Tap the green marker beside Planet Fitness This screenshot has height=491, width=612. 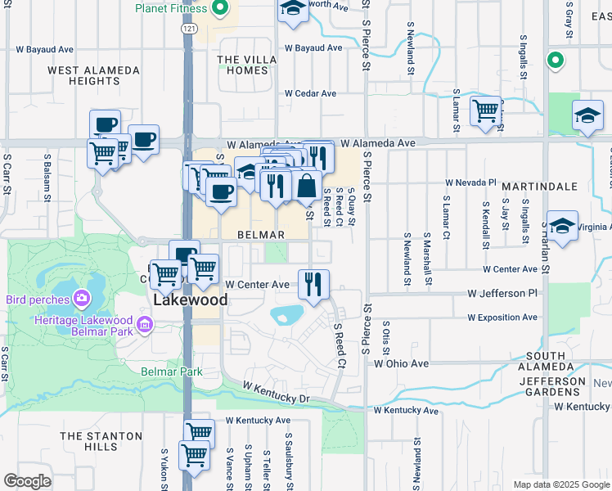point(219,10)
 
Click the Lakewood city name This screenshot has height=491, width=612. point(191,300)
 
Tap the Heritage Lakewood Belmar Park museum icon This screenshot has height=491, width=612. point(145,327)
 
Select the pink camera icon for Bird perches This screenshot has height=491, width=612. point(81,300)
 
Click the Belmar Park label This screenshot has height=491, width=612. point(171,372)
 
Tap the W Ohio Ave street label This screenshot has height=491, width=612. point(401,363)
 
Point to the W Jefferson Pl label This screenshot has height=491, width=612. point(502,292)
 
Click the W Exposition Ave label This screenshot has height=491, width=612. point(502,317)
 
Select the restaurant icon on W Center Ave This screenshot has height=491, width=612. point(313,284)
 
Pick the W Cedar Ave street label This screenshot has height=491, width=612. point(310,93)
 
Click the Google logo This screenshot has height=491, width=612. point(27,481)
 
